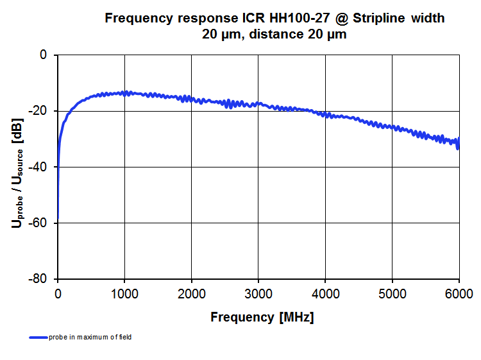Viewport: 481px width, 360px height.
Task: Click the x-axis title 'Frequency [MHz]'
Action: click(262, 317)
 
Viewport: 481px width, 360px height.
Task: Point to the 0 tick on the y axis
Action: click(44, 55)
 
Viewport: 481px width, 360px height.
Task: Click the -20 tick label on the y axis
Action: click(39, 111)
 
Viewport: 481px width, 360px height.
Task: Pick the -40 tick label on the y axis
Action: click(39, 167)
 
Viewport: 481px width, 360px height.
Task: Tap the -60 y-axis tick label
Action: click(39, 223)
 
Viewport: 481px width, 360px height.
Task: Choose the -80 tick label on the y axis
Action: click(39, 279)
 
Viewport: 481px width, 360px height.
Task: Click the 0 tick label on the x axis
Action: click(58, 294)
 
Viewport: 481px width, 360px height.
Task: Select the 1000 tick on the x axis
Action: click(124, 294)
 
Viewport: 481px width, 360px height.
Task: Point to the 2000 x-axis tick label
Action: click(191, 294)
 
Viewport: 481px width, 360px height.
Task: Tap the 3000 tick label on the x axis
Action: click(258, 294)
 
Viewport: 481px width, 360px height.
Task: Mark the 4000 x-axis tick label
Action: click(325, 294)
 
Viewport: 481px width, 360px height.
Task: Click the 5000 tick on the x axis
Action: click(392, 294)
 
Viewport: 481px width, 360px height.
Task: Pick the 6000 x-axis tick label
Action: click(459, 294)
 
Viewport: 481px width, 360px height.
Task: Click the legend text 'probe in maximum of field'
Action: click(90, 337)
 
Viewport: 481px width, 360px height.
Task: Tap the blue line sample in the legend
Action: click(38, 337)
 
